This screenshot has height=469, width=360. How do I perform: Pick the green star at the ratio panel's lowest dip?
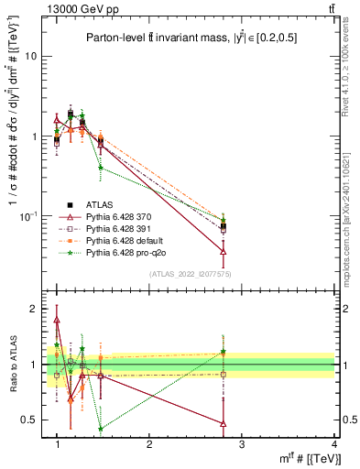click(x=100, y=429)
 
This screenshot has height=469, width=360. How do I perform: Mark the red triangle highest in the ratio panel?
click(x=57, y=321)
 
